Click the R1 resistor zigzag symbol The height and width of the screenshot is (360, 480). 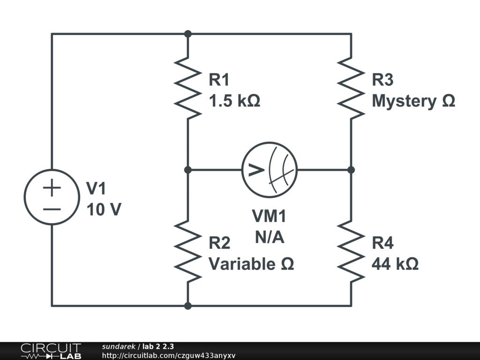[x=187, y=88]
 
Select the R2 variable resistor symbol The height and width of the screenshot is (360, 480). [x=187, y=251]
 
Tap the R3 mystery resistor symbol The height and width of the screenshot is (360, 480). [x=351, y=88]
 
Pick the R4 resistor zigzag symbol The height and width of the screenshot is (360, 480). [x=351, y=251]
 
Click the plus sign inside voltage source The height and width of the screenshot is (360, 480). [x=52, y=187]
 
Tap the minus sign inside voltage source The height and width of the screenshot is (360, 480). [x=52, y=210]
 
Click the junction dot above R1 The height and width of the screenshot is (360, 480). [x=188, y=34]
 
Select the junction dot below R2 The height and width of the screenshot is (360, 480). [x=188, y=306]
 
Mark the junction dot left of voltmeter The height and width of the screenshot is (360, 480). [x=188, y=170]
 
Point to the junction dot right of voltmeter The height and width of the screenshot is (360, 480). [x=351, y=170]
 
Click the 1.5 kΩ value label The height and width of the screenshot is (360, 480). [x=234, y=101]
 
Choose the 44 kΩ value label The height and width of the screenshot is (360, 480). [x=395, y=263]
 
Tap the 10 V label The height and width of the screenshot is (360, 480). [x=104, y=210]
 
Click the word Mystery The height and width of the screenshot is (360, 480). [x=404, y=102]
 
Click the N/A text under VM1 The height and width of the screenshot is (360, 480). [x=270, y=237]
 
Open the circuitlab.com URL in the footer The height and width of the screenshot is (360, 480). [x=169, y=356]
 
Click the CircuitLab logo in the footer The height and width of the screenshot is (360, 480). [x=51, y=351]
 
